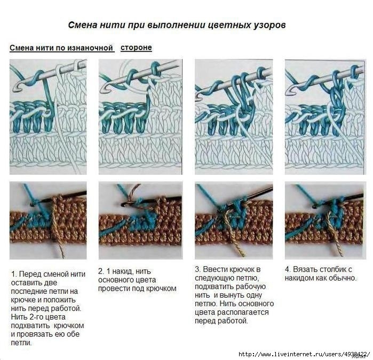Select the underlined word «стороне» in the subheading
[x=136, y=47]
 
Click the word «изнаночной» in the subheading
[x=90, y=48]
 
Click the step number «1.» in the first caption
[x=14, y=274]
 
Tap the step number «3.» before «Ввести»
[x=198, y=269]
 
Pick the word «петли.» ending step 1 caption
[x=21, y=342]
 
